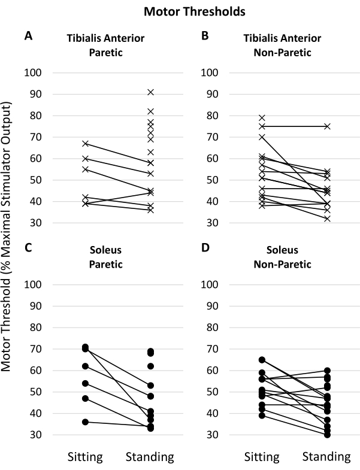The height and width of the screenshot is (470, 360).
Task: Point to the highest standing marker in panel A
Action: tap(150, 92)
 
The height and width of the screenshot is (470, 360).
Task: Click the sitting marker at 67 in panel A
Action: tap(86, 144)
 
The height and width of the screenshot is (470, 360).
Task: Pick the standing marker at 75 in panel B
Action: tap(328, 126)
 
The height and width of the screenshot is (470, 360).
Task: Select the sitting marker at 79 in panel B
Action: tap(262, 118)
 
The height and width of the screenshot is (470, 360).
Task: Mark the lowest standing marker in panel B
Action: tap(328, 219)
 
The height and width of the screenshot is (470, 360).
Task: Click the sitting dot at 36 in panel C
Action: tap(86, 422)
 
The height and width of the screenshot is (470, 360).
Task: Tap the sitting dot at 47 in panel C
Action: tap(86, 398)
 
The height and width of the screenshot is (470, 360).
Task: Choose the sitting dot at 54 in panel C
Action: tap(86, 383)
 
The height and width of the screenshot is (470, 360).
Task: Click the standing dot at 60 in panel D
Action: tap(328, 371)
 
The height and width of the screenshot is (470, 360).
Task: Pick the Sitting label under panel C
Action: tap(86, 457)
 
